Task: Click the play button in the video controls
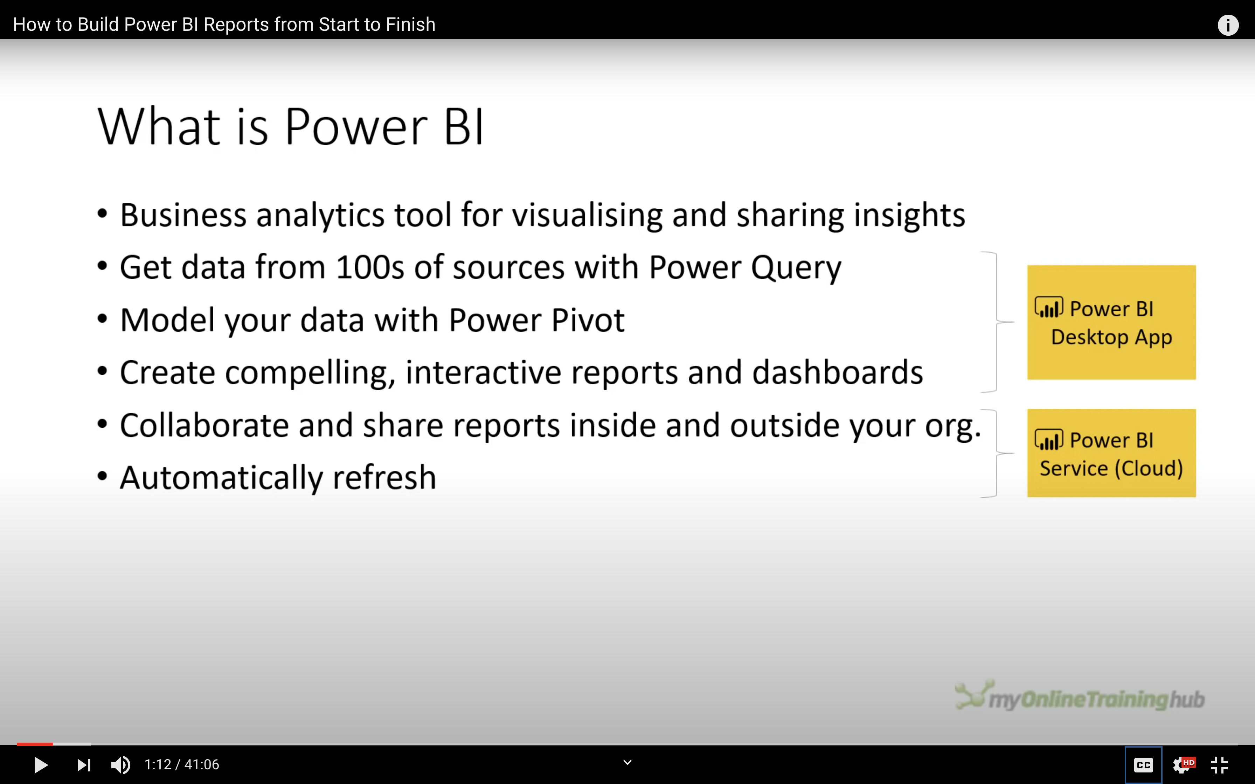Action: (x=41, y=765)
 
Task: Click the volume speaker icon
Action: (x=121, y=765)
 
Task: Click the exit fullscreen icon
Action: (x=1219, y=765)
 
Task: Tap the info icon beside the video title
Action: (x=1228, y=25)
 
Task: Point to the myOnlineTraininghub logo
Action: (x=1080, y=696)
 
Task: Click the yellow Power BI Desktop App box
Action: (x=1111, y=322)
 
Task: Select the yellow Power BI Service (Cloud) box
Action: (x=1111, y=453)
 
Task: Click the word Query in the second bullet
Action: (x=797, y=268)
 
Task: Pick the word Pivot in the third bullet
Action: (x=588, y=320)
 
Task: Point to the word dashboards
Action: (x=838, y=372)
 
